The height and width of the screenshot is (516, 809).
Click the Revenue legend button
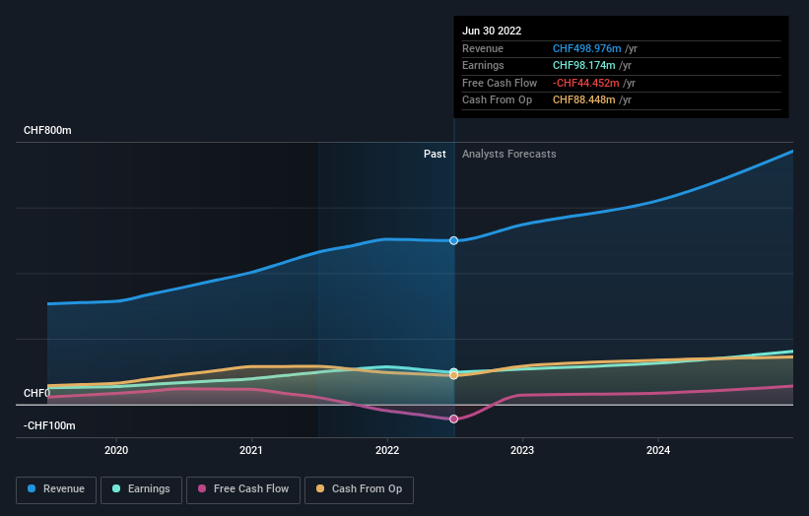pos(57,488)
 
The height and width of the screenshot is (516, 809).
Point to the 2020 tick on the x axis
pos(116,450)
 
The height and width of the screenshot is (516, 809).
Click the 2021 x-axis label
pos(251,450)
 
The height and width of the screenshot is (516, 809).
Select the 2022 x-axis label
pos(387,450)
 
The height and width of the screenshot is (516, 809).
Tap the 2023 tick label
pos(522,450)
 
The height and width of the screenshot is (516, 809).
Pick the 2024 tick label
pos(658,450)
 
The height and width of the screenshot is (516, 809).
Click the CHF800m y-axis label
pos(48,130)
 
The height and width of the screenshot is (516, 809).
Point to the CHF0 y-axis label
pos(36,393)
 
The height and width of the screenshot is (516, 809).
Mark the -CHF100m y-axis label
pos(51,425)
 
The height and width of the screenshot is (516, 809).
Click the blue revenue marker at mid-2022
pos(454,240)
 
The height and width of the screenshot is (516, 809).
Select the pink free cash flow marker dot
pos(454,419)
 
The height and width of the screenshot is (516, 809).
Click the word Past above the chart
pos(435,154)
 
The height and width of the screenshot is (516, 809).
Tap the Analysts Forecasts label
pos(508,154)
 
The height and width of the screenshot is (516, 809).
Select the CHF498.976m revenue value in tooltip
pos(587,48)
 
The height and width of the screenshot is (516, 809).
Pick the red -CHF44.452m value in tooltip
pos(587,83)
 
